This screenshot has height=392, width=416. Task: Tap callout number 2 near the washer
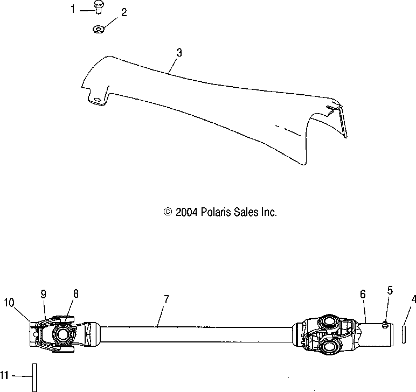coord(124,13)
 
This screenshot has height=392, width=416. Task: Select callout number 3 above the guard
coord(179,53)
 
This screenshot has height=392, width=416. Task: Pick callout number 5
coord(390,291)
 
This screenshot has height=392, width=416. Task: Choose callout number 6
coord(363,294)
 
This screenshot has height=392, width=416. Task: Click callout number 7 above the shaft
coord(166,300)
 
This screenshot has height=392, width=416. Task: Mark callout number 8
coord(76,293)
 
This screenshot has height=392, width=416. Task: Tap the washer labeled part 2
coord(98,29)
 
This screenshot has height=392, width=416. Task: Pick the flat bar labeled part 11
coord(34,376)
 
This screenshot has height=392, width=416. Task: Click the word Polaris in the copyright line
coord(205,212)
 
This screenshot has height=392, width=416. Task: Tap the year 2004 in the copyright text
coord(183,212)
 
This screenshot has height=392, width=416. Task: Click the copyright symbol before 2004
coord(168,212)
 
